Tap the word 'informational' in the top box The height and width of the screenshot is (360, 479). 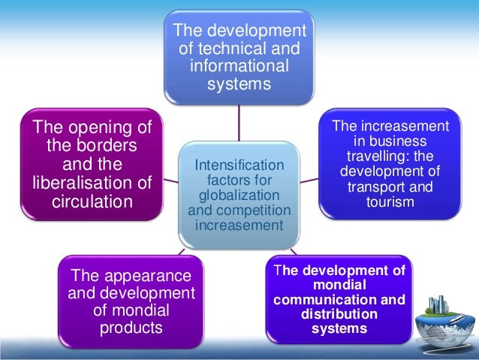click(x=239, y=66)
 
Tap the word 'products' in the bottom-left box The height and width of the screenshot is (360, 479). click(x=131, y=328)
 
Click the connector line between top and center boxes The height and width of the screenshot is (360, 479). click(x=239, y=121)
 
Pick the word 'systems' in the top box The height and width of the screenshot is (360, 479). click(x=239, y=83)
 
